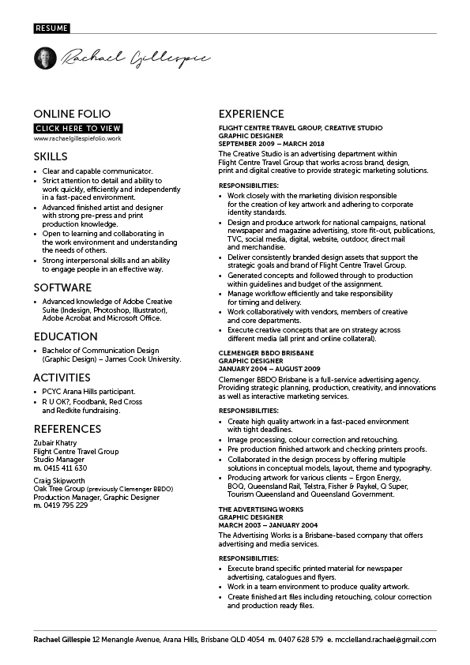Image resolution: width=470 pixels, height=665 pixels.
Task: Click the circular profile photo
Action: [45, 58]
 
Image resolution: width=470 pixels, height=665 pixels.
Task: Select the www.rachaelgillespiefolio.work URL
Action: [77, 138]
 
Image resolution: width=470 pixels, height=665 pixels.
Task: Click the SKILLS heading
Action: [50, 156]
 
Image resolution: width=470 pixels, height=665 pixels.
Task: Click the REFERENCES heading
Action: [67, 429]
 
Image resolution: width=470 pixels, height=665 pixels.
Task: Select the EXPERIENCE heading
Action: [251, 114]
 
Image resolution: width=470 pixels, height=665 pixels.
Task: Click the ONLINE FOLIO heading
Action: [72, 114]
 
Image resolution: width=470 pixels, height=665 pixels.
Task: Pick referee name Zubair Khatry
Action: [55, 443]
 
